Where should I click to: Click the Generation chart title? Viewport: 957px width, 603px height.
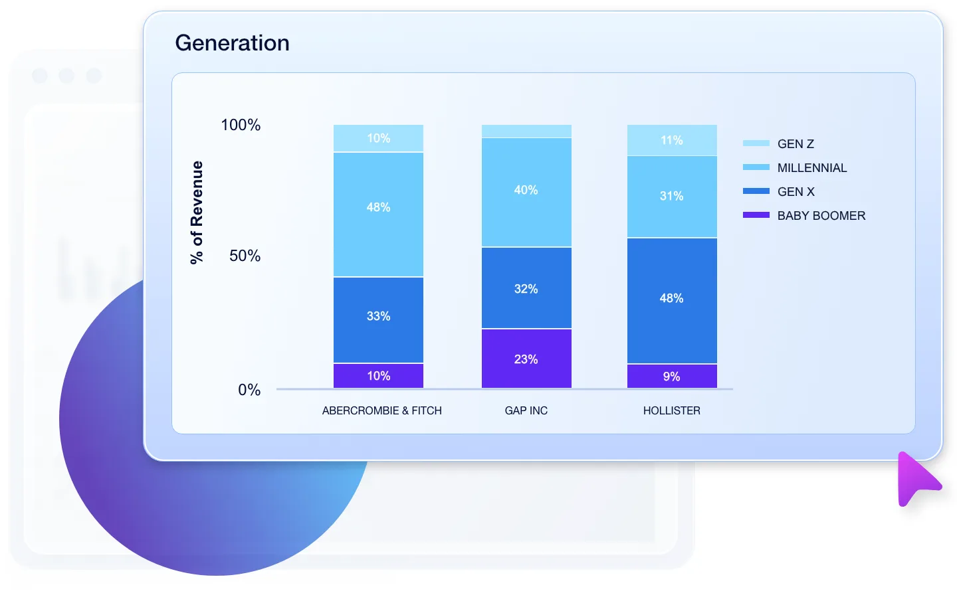[232, 43]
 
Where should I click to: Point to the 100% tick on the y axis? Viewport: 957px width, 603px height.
[241, 125]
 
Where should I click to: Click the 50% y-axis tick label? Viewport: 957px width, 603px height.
[245, 256]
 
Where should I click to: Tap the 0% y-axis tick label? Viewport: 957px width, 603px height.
[249, 390]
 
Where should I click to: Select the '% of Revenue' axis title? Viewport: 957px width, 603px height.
[197, 213]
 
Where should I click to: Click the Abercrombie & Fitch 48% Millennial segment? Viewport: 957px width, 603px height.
[378, 214]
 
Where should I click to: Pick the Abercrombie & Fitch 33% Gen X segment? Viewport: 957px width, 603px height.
[378, 319]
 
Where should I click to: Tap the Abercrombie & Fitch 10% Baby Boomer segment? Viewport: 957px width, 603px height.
[378, 376]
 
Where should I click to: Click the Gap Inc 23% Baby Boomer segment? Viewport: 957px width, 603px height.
[526, 359]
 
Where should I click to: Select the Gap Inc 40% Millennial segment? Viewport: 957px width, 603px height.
[526, 193]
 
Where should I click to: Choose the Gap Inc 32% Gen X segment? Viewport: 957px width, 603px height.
[526, 288]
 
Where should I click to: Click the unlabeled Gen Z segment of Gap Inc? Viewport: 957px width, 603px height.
[526, 131]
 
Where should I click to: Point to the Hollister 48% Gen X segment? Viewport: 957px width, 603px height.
[672, 300]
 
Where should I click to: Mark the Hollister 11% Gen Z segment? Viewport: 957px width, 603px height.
[672, 140]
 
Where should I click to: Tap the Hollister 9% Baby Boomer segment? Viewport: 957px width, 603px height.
[672, 377]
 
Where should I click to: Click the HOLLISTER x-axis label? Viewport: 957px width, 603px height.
[671, 410]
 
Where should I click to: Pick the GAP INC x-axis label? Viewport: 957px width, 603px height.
[526, 410]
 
